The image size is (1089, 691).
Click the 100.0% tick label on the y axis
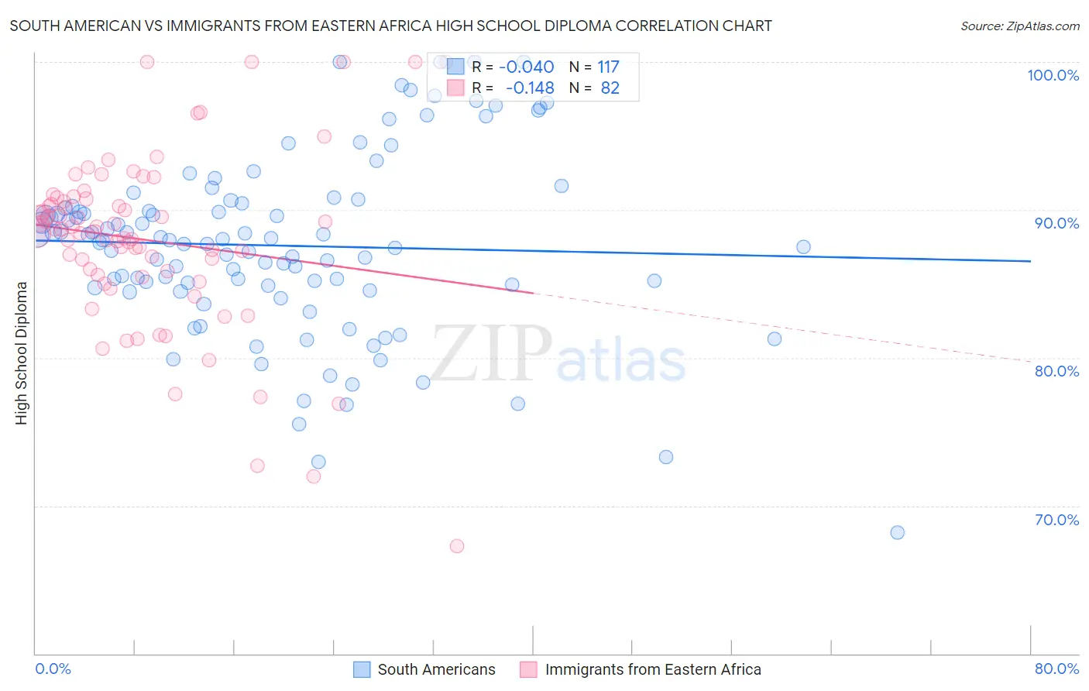click(x=1053, y=75)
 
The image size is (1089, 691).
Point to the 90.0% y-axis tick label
click(x=1056, y=223)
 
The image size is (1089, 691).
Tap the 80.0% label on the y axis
click(x=1056, y=371)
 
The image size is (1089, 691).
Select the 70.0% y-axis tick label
click(x=1056, y=520)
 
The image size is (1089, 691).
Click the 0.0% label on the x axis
click(x=53, y=669)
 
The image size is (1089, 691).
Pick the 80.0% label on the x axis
click(x=1056, y=669)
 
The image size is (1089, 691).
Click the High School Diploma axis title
click(x=22, y=352)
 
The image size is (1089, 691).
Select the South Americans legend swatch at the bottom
click(x=362, y=669)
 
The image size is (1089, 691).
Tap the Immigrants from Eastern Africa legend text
click(x=652, y=669)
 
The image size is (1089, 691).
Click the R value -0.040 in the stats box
click(x=526, y=67)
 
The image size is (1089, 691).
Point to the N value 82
click(x=610, y=88)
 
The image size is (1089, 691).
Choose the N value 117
click(x=608, y=67)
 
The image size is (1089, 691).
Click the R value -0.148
click(x=530, y=88)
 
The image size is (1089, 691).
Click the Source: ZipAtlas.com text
click(x=1019, y=26)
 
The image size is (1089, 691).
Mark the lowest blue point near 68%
click(x=897, y=532)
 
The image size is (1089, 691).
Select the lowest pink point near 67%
click(x=457, y=546)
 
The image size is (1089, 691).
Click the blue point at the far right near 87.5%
click(x=803, y=247)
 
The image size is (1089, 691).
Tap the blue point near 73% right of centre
click(x=666, y=457)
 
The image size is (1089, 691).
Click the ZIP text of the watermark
click(x=491, y=353)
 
